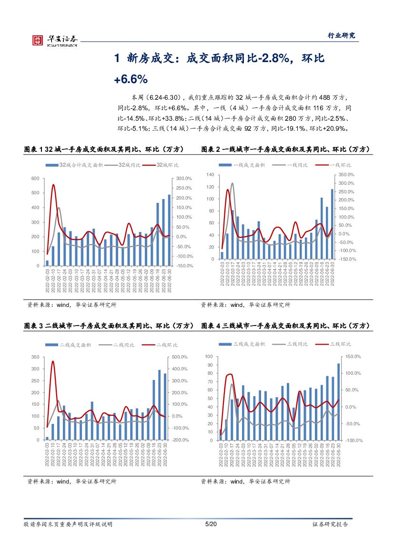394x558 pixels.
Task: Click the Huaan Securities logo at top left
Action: pos(54,40)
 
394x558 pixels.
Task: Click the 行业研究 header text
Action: pos(342,35)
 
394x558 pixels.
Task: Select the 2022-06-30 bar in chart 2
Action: pos(333,224)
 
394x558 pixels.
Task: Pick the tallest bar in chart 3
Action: pos(160,405)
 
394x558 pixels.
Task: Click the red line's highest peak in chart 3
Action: pos(53,361)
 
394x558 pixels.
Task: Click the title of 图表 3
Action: pos(109,326)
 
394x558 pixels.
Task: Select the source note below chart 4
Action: pos(245,482)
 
